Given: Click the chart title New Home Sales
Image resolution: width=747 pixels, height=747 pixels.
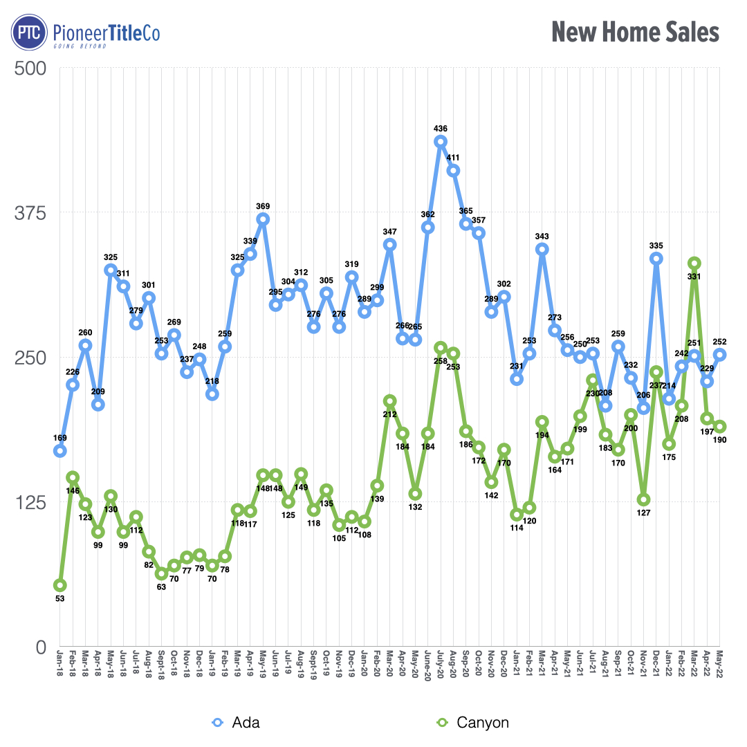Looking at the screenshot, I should (x=635, y=32).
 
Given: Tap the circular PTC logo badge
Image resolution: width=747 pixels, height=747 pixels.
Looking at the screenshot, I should (x=28, y=33).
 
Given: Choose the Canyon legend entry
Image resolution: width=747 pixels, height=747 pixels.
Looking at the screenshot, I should (x=474, y=723).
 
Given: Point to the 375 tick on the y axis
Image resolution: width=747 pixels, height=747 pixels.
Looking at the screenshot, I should (x=30, y=213).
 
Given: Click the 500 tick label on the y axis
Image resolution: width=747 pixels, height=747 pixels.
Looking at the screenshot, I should (x=30, y=68).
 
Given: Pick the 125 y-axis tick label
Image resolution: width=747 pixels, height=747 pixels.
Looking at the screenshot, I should (x=30, y=503).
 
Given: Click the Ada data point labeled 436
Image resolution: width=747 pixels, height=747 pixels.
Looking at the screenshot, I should (x=441, y=142).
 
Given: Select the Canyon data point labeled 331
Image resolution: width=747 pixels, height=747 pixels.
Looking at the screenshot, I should (x=694, y=264).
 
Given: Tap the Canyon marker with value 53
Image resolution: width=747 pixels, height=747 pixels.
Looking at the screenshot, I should (x=60, y=586).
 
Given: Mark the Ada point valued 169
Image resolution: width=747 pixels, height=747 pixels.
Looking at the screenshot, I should (x=60, y=451).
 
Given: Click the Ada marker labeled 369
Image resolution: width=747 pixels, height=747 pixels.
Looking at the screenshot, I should (x=263, y=219).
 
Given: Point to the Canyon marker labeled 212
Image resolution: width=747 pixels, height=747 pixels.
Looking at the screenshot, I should (x=390, y=401).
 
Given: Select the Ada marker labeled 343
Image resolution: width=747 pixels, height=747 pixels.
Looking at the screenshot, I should (x=542, y=249).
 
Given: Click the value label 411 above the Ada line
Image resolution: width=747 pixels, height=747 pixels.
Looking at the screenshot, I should (x=453, y=158).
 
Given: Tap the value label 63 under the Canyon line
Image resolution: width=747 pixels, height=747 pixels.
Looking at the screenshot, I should (x=161, y=587).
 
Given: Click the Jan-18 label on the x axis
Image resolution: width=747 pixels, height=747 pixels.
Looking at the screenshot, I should (x=60, y=665).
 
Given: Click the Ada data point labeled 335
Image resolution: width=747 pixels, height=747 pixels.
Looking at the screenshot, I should (x=656, y=259).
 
